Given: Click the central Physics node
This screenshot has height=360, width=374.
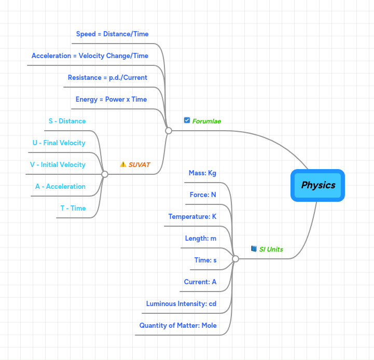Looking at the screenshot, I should (x=318, y=185).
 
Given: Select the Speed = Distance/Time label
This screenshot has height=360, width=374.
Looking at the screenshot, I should (x=112, y=34).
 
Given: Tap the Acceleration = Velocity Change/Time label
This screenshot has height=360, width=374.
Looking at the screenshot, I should (x=90, y=56).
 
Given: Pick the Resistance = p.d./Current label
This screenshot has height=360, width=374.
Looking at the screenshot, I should (x=107, y=78).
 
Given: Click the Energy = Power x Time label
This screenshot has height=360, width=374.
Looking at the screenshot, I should (x=111, y=100).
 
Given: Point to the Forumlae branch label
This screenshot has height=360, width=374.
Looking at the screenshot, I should (x=206, y=121).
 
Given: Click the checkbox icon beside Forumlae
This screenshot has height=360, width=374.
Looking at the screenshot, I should (x=187, y=120).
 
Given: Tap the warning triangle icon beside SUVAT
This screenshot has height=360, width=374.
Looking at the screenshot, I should (x=123, y=164).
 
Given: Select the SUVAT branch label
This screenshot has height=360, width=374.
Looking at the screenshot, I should (x=139, y=165).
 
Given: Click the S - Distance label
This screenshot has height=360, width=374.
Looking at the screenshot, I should (x=67, y=121).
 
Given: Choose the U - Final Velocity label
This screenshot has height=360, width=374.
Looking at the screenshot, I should (x=59, y=143).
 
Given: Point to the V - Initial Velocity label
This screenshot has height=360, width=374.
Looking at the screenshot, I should (x=58, y=165).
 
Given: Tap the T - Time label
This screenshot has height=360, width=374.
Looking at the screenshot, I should (x=73, y=209).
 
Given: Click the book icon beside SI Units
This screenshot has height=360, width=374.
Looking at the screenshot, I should (x=254, y=249).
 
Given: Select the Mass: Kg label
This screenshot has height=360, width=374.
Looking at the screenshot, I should (x=202, y=173).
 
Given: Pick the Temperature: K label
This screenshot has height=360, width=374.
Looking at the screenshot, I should (x=192, y=217).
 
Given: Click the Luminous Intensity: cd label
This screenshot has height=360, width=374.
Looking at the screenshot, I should (x=181, y=304).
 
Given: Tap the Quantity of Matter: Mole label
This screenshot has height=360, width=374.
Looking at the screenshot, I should (x=178, y=326).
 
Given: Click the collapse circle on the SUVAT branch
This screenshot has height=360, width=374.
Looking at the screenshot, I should (x=105, y=174).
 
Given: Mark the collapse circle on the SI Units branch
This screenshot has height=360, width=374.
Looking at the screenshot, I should (x=235, y=258).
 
